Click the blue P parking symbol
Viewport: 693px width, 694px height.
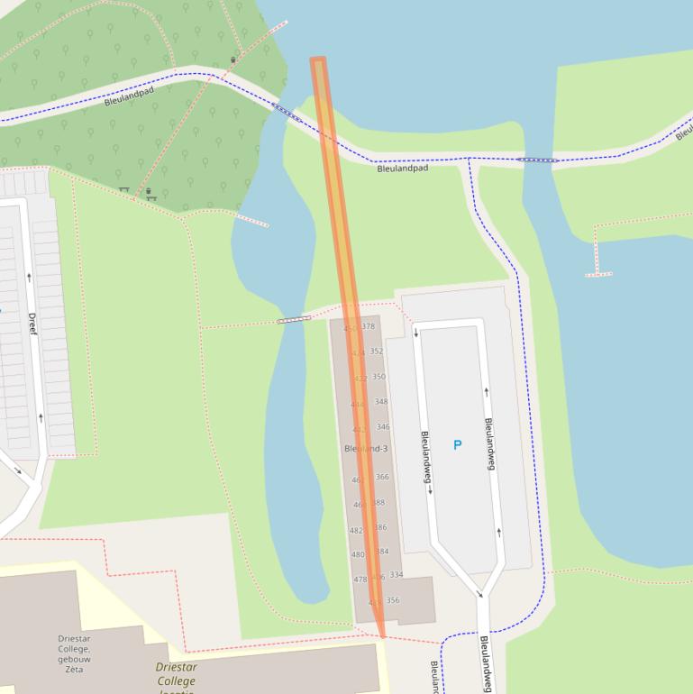(457, 445)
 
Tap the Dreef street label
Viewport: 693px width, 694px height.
(32, 325)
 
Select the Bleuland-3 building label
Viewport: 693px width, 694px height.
(366, 448)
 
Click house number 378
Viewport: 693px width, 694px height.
(368, 326)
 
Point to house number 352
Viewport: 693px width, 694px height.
(376, 352)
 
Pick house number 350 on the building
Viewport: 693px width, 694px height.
(378, 377)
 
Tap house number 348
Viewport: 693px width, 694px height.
(381, 402)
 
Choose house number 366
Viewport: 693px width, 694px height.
(382, 477)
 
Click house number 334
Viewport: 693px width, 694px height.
(397, 574)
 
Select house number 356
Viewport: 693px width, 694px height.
(393, 600)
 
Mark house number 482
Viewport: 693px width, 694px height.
(356, 531)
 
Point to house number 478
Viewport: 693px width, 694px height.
(360, 580)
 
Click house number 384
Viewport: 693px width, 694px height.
(382, 552)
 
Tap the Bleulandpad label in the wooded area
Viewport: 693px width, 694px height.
(129, 96)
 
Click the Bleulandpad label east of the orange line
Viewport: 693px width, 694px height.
(402, 169)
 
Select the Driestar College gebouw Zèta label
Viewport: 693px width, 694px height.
(73, 649)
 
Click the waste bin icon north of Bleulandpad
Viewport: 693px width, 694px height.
(233, 60)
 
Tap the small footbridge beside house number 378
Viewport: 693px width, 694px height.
(294, 319)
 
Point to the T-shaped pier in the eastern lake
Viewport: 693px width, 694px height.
(598, 271)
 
